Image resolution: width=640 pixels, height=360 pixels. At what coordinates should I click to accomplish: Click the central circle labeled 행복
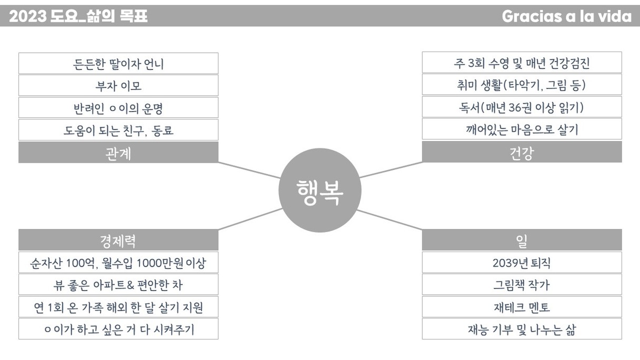319,191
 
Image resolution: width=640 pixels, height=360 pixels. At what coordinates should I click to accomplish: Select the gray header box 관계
118,153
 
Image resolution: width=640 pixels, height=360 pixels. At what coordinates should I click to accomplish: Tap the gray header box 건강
522,153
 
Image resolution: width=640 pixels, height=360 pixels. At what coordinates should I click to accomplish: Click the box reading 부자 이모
118,86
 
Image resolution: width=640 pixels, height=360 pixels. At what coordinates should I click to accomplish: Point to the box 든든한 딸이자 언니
118,64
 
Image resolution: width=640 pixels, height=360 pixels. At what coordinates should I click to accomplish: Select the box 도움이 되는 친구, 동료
118,130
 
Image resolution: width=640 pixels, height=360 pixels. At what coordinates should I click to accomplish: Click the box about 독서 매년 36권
522,107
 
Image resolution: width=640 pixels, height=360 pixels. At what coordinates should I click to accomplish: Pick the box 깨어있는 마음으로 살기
522,129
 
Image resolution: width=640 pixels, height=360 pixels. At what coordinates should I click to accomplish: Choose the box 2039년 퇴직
522,263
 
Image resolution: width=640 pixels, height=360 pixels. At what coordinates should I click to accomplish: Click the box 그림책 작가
522,285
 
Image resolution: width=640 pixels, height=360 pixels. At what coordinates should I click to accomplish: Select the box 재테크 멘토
522,307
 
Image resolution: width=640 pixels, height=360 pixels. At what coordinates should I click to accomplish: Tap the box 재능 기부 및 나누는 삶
522,329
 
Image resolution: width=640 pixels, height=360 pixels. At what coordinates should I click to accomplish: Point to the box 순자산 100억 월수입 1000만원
118,263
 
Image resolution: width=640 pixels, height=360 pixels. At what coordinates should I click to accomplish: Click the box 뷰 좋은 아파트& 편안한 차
118,285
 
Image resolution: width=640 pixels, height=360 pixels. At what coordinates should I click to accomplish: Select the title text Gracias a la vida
566,16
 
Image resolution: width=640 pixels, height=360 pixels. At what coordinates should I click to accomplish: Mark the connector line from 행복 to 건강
391,169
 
